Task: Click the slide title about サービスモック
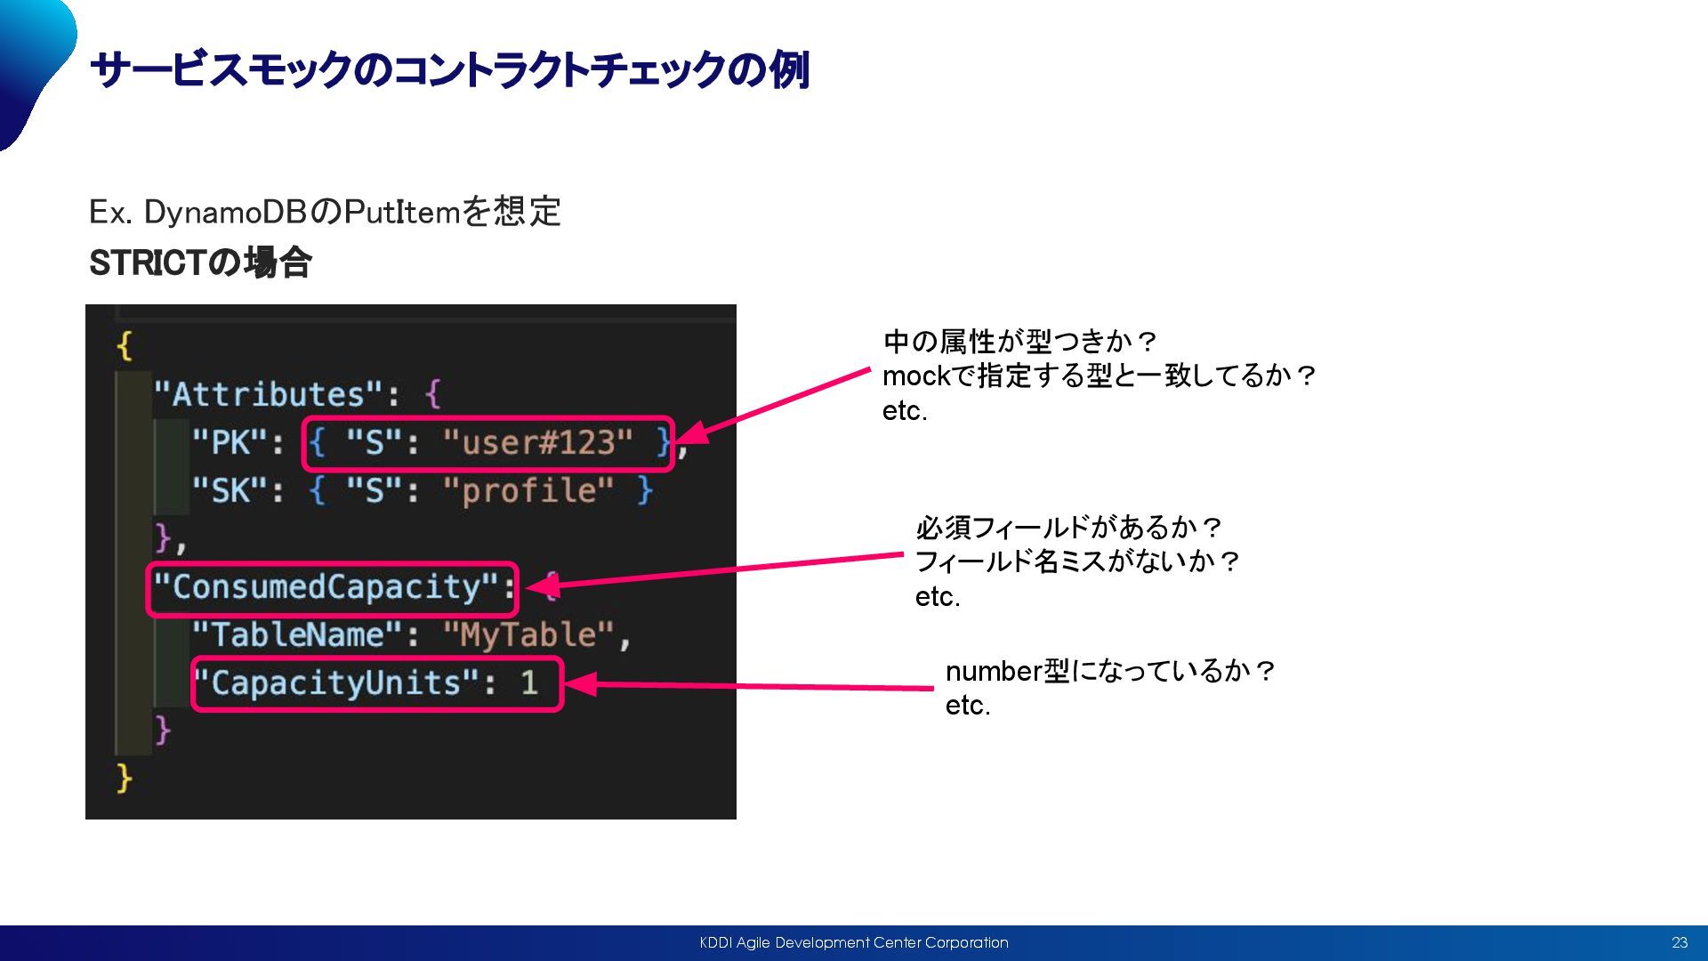click(449, 70)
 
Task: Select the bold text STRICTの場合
click(200, 263)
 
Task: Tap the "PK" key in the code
click(230, 442)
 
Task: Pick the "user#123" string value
click(537, 442)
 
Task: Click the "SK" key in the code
click(230, 490)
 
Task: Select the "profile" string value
click(528, 490)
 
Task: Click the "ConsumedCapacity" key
click(326, 587)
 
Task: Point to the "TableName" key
click(297, 635)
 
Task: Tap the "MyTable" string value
click(528, 635)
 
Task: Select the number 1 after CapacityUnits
click(529, 683)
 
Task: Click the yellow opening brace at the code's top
click(125, 345)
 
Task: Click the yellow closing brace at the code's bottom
click(125, 779)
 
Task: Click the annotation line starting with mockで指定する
click(1099, 376)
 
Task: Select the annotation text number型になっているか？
click(1110, 671)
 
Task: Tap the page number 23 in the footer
click(1680, 943)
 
